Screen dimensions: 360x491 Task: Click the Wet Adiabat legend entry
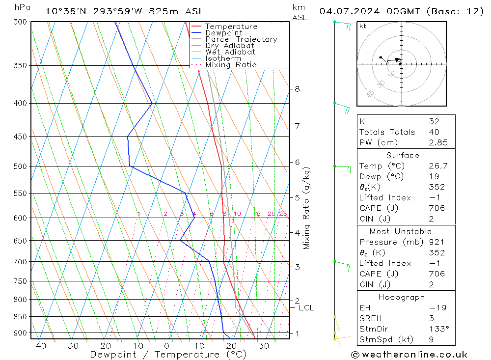point(230,52)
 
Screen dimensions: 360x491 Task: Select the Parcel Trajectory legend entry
point(241,39)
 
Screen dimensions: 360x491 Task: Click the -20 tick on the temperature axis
point(102,346)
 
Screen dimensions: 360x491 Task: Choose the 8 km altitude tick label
point(298,89)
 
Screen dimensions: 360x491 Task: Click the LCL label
point(306,308)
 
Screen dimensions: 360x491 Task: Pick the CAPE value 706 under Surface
point(436,208)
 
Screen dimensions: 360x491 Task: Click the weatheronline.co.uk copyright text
point(409,355)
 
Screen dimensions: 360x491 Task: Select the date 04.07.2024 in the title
point(349,11)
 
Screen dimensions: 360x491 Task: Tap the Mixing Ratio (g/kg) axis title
point(307,208)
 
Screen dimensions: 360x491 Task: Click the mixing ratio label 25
point(283,214)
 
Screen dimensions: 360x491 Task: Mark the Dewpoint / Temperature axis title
point(168,354)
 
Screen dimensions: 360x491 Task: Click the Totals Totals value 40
point(434,132)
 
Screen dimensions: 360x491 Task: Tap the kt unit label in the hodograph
point(362,26)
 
